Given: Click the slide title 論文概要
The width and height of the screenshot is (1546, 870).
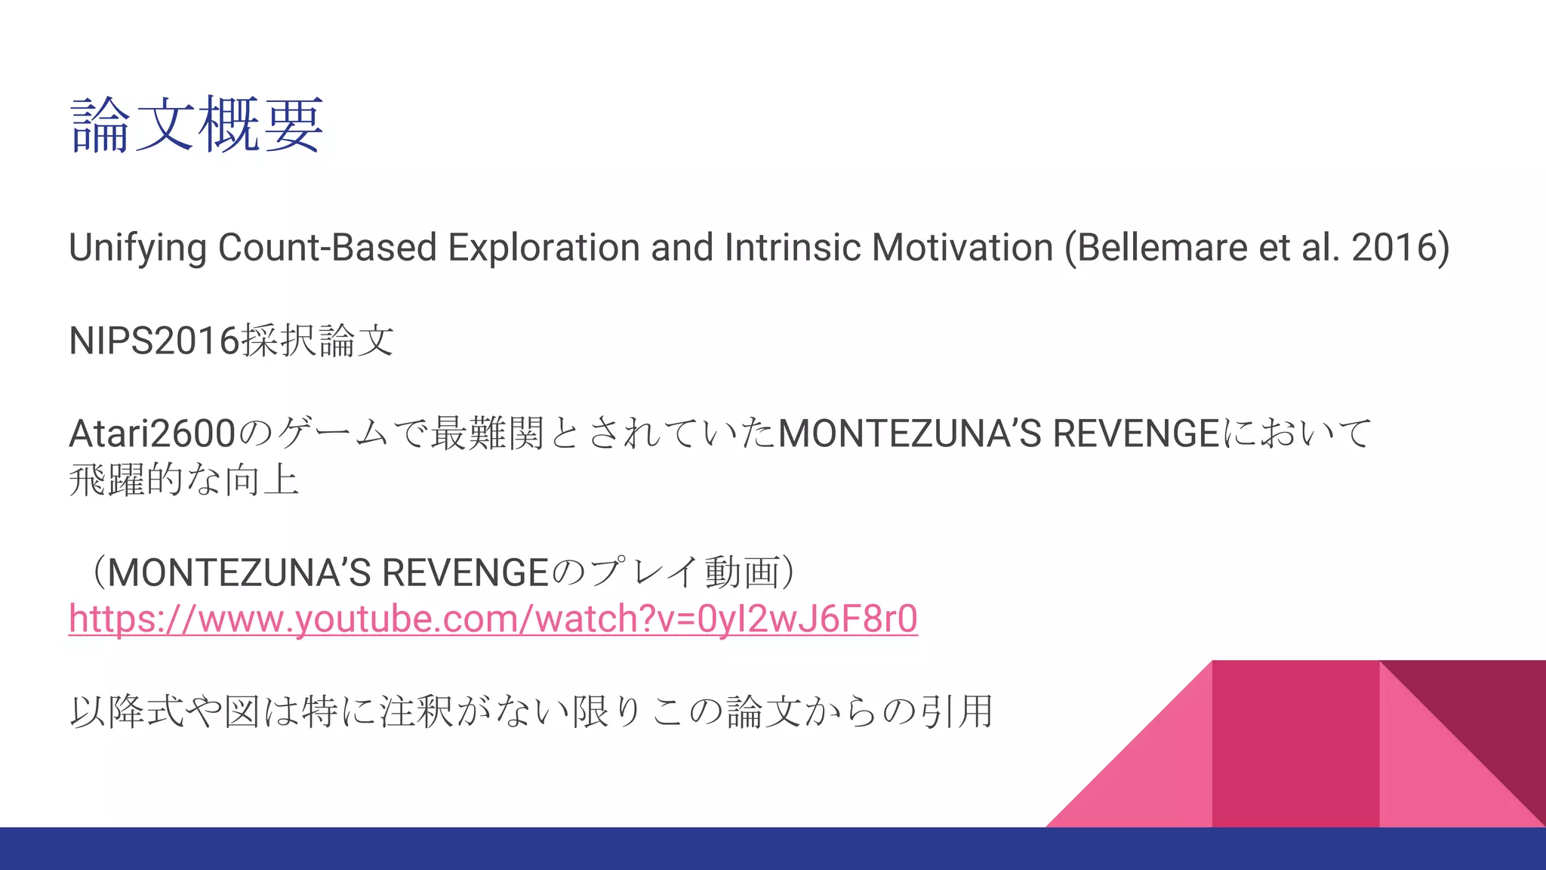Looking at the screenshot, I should (197, 125).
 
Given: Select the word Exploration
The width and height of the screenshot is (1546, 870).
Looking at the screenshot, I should (544, 248).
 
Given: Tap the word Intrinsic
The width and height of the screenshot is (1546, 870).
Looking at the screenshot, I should (792, 248).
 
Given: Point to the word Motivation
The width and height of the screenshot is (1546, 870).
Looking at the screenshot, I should (962, 248).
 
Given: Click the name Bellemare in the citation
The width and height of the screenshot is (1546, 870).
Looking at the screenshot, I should (1162, 248).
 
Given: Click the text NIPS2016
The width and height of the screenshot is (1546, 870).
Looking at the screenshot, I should (154, 341).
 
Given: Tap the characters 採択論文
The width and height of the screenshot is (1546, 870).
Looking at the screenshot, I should (318, 341).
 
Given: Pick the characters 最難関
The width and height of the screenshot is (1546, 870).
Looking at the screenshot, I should (487, 433).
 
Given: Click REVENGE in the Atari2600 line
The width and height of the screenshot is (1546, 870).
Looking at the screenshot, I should (1135, 433).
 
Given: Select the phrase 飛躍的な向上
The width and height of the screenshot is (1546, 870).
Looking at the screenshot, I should (184, 480).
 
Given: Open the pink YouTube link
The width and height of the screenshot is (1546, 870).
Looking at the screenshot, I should (493, 619).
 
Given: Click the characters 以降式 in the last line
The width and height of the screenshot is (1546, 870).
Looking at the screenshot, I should (126, 711).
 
